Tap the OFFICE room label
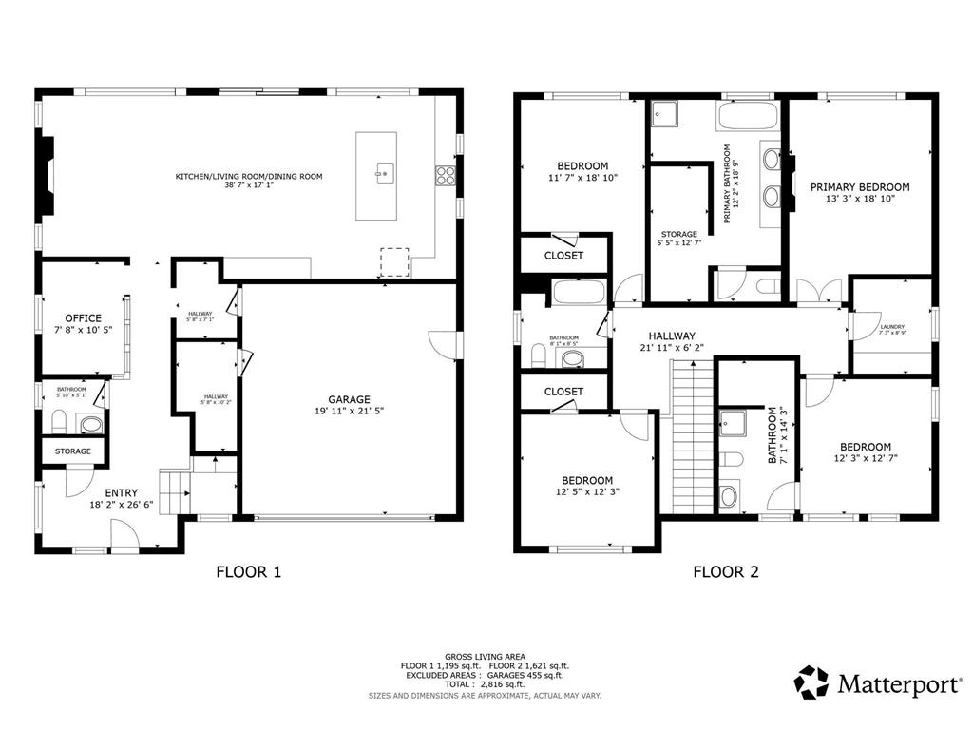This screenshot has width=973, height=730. pyautogui.click(x=83, y=318)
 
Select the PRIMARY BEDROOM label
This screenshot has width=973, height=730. pyautogui.click(x=859, y=187)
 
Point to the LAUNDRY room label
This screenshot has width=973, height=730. pyautogui.click(x=891, y=326)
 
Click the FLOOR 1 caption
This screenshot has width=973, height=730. pyautogui.click(x=249, y=572)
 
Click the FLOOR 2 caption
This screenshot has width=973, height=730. pyautogui.click(x=725, y=572)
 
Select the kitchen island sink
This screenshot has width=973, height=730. pyautogui.click(x=384, y=172)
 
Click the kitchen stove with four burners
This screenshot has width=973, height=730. pyautogui.click(x=444, y=174)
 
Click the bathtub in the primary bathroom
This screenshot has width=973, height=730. pyautogui.click(x=748, y=118)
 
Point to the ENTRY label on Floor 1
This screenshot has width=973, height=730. pyautogui.click(x=121, y=492)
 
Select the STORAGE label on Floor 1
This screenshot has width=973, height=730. pyautogui.click(x=73, y=451)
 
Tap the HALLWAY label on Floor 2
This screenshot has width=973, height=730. pyautogui.click(x=672, y=336)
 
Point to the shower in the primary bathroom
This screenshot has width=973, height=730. pyautogui.click(x=661, y=116)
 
